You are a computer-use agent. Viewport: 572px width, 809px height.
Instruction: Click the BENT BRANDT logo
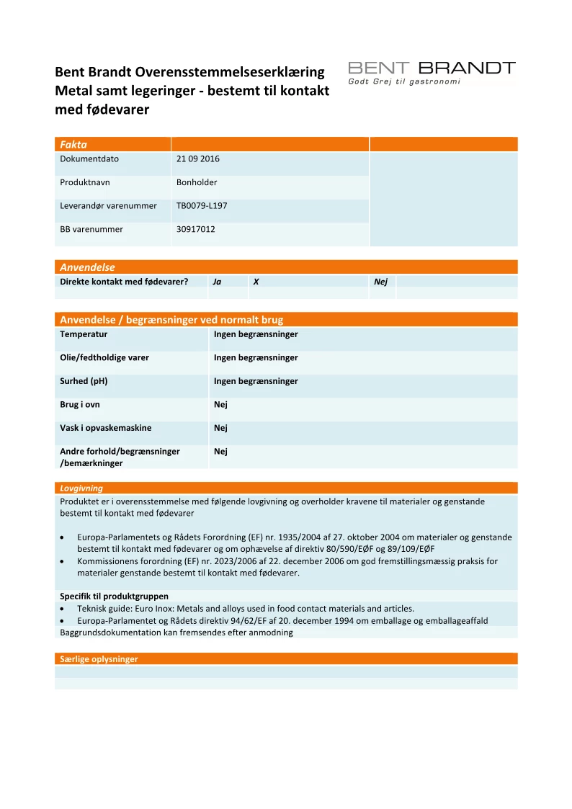(x=432, y=68)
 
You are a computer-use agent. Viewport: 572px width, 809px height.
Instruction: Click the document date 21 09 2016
(x=198, y=159)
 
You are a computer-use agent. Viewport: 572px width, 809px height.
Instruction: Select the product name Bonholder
(x=197, y=182)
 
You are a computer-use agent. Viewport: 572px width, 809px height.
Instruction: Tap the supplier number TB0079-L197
(x=202, y=206)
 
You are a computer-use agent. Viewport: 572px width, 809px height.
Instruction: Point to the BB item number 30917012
(x=196, y=229)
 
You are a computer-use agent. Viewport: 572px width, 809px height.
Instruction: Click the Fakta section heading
(x=73, y=144)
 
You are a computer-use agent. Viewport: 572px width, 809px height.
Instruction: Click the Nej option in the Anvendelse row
(x=380, y=282)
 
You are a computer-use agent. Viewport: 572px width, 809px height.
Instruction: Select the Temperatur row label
(x=84, y=334)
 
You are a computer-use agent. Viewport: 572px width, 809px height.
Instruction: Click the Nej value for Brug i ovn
(x=220, y=405)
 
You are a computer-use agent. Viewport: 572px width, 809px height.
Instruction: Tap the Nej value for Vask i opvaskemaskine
(x=220, y=428)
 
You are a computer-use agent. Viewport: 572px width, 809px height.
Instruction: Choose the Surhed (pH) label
(x=84, y=381)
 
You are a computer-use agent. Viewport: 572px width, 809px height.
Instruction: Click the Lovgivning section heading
(x=81, y=488)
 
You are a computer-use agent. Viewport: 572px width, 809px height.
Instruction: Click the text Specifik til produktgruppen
(x=114, y=596)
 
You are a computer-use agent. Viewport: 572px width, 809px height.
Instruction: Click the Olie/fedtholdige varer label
(x=104, y=358)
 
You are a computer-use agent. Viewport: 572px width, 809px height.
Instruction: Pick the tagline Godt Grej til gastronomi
(x=403, y=81)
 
